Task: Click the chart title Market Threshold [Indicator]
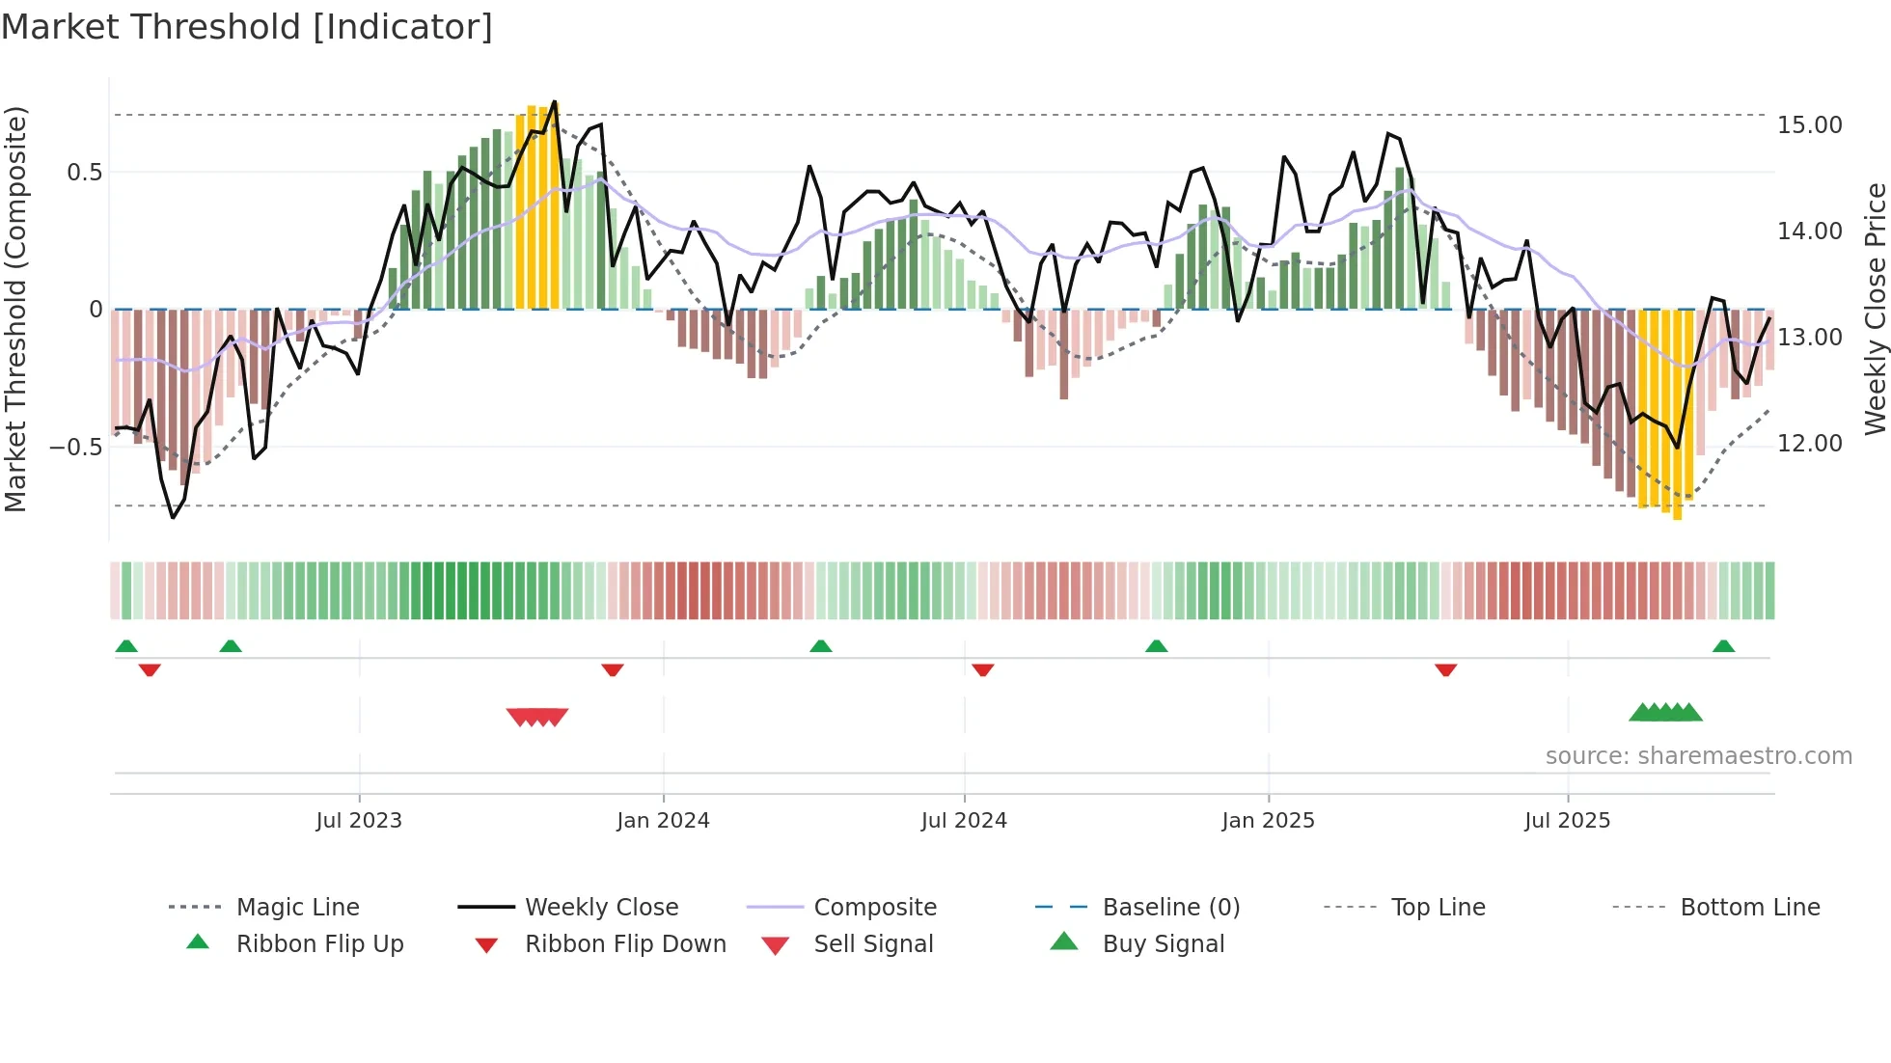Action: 247,27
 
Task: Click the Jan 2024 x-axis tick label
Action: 663,821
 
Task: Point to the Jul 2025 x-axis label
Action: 1567,821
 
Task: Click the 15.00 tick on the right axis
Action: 1809,125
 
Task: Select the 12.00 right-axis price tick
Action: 1809,444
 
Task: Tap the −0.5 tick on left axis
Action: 75,447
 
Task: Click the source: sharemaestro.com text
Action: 1698,756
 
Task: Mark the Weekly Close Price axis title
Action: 1875,309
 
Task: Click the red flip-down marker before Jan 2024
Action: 613,669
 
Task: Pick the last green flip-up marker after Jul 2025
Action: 1723,646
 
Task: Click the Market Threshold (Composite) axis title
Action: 15,309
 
